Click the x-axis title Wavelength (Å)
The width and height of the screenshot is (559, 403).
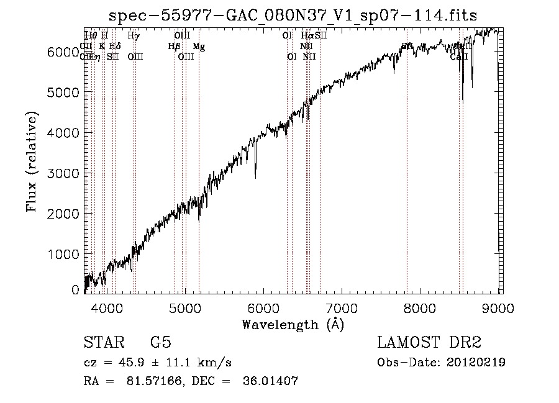point(293,324)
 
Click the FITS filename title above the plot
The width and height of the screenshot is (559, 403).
point(293,16)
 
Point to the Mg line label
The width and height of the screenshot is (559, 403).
point(198,47)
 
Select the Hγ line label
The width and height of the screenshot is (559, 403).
point(134,36)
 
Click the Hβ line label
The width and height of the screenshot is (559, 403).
point(174,47)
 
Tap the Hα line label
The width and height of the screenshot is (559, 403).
point(307,36)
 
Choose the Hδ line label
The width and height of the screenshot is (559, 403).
point(114,47)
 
